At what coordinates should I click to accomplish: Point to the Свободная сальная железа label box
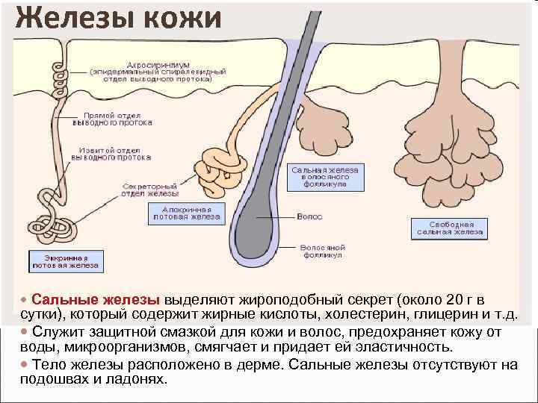coord(449,228)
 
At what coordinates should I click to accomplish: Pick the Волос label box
coord(309,216)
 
